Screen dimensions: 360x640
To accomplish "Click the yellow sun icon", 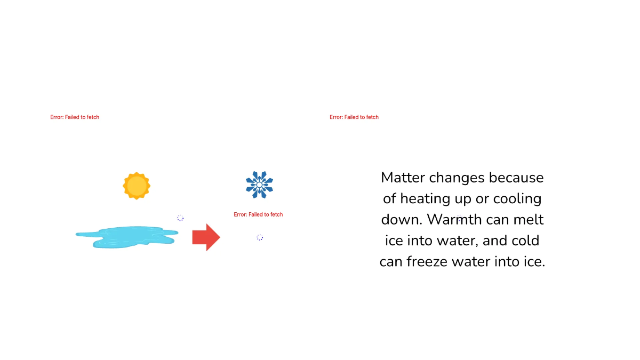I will (x=137, y=186).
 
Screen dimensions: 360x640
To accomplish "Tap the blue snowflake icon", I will (x=259, y=185).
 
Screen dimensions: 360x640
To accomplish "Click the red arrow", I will (x=206, y=237).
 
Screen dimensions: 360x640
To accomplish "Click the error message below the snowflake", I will (x=258, y=214).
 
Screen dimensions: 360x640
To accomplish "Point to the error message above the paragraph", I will (x=354, y=117).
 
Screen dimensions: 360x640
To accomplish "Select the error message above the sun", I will (x=75, y=117).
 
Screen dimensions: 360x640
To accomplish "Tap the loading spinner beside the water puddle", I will (x=180, y=218).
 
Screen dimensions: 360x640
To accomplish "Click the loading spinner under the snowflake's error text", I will (x=260, y=237).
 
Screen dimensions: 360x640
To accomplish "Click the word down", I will (x=401, y=220).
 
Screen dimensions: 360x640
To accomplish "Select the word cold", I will (x=526, y=241).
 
